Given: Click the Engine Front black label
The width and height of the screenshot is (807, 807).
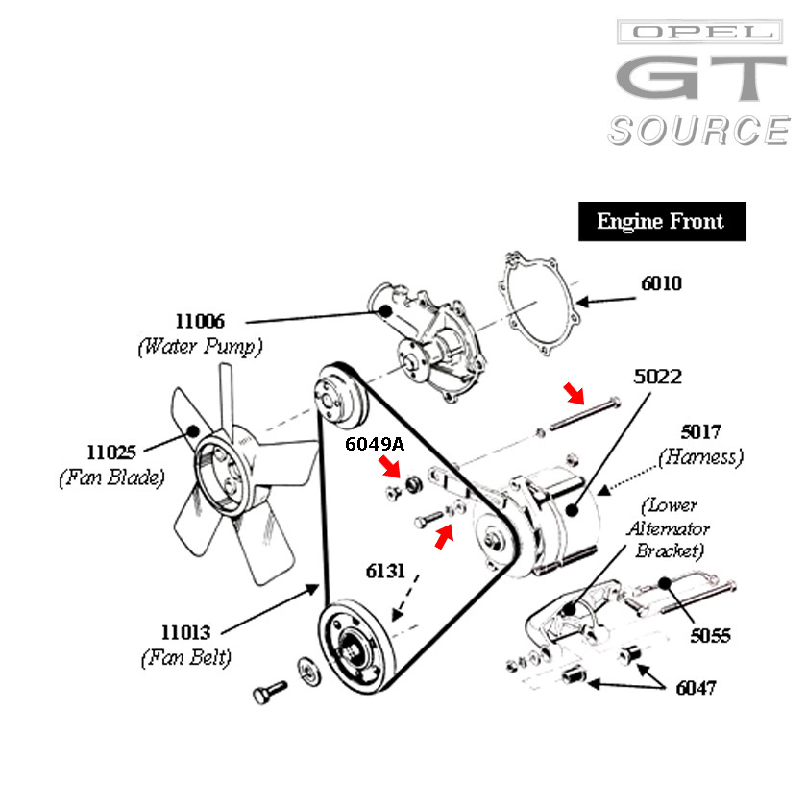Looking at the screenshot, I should click(x=661, y=222).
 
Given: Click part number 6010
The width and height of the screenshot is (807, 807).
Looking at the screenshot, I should click(x=662, y=283).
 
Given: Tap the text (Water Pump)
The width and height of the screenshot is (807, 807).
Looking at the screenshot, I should click(x=200, y=345).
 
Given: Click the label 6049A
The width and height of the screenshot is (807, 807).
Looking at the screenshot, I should click(x=376, y=444).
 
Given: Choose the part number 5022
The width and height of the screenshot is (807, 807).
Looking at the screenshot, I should click(x=658, y=377).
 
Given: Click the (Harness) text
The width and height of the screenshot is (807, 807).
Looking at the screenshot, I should click(x=701, y=458).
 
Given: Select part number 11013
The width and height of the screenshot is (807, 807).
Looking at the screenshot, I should click(x=186, y=633).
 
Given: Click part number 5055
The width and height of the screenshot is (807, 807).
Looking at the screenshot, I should click(x=710, y=636).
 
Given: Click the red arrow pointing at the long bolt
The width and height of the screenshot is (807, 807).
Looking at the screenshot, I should click(x=573, y=391).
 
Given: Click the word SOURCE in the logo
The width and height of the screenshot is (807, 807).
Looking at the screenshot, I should click(x=698, y=131).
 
